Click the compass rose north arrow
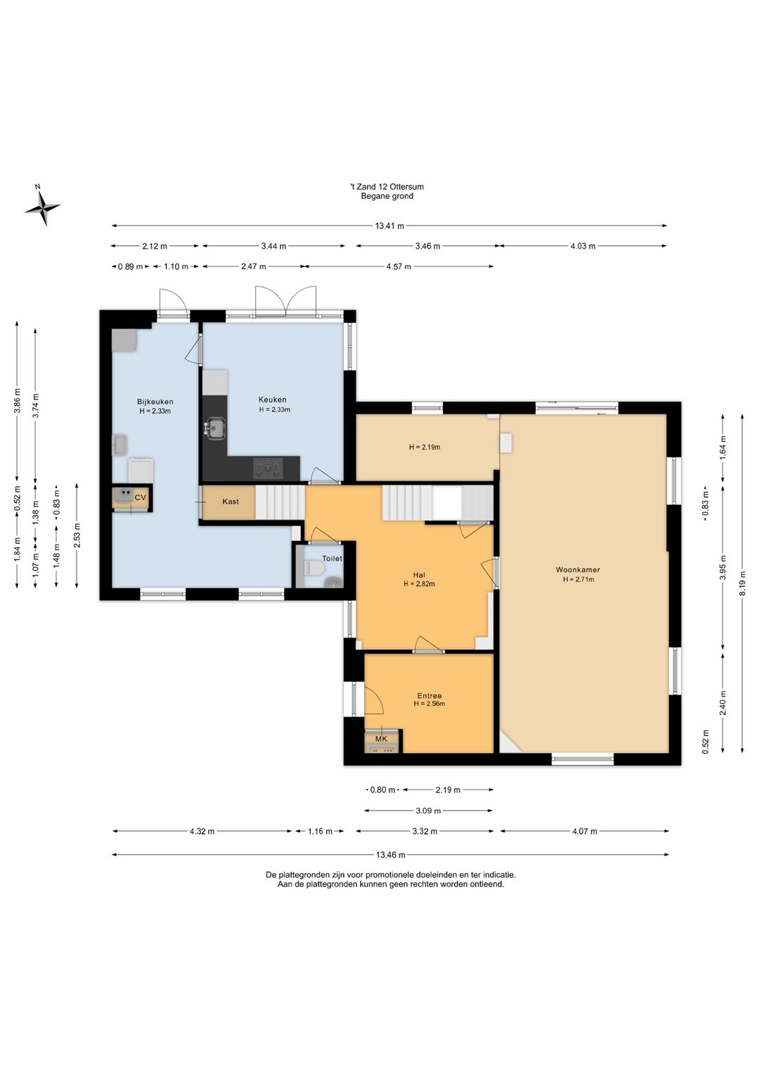[43, 207]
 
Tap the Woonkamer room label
[577, 570]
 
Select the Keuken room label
[272, 400]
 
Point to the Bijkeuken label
[155, 402]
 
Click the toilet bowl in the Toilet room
[315, 568]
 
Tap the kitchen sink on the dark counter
[216, 427]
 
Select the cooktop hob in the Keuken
[268, 468]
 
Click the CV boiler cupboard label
[141, 497]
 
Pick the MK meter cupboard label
[381, 739]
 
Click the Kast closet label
[231, 502]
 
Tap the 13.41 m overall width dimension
[389, 226]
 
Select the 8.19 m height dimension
[742, 583]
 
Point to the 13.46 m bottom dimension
[390, 855]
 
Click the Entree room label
[429, 696]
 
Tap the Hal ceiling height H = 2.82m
[419, 584]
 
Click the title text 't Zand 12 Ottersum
[387, 187]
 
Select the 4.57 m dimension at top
[399, 266]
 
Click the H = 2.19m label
[424, 447]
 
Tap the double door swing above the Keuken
[286, 301]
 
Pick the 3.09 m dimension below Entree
[429, 811]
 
